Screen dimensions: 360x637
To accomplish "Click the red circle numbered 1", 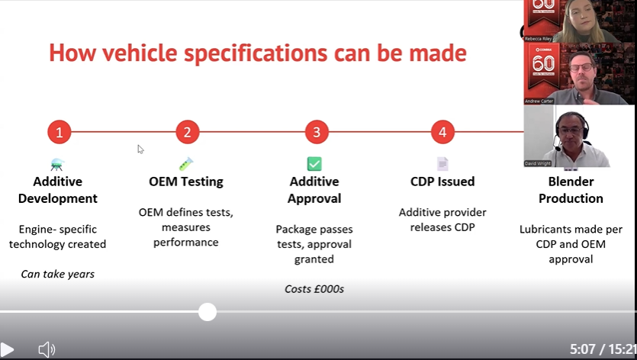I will point(59,132).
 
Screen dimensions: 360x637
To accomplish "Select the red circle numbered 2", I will point(187,132).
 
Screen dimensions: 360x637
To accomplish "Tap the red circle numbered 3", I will point(316,132).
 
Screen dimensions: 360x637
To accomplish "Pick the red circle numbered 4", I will point(442,132).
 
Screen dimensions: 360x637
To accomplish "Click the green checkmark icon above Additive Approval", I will point(314,163).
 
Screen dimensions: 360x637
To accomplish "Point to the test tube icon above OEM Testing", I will point(186,163).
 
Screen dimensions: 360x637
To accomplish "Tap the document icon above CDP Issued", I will point(442,163).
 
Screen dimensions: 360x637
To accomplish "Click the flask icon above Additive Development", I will point(57,163).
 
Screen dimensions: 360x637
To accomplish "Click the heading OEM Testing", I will point(186,182).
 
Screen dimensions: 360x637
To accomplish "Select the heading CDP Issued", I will point(442,182).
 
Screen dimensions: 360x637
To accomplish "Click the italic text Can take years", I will point(58,274).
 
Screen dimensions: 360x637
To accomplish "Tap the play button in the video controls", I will point(7,349).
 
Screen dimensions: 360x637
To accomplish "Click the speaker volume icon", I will point(47,349).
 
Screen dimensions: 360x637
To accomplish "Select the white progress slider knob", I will point(207,311).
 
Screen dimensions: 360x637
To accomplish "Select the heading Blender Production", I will point(571,190).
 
